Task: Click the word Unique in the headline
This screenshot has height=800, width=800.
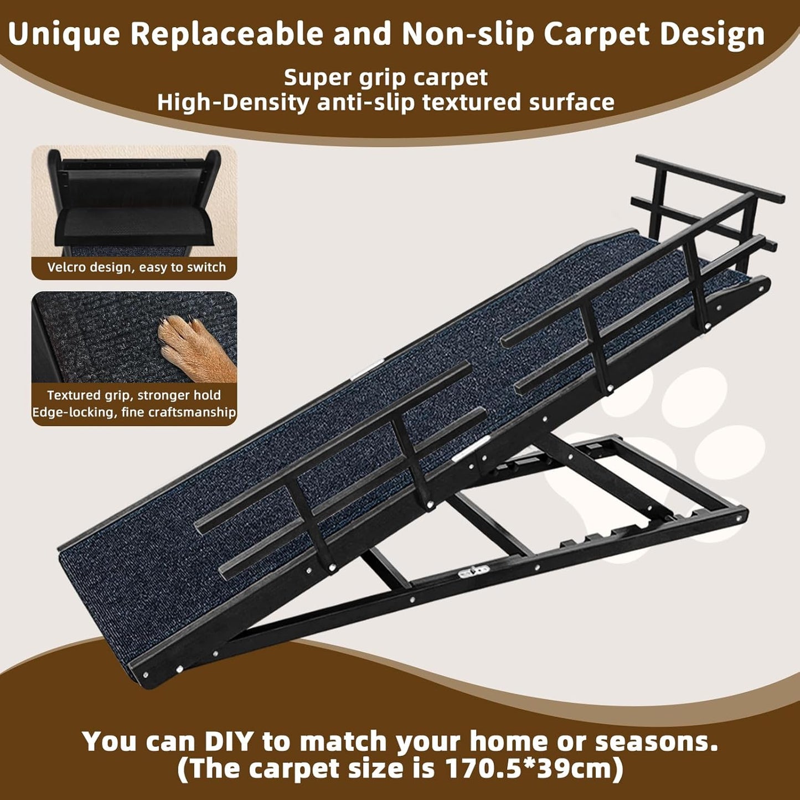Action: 64,34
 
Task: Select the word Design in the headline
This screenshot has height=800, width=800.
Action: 712,34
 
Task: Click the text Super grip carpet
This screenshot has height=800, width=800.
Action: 386,78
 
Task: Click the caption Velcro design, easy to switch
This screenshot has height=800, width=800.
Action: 136,267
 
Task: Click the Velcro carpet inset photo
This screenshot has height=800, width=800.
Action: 134,201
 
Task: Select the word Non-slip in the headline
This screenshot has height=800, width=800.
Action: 468,34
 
